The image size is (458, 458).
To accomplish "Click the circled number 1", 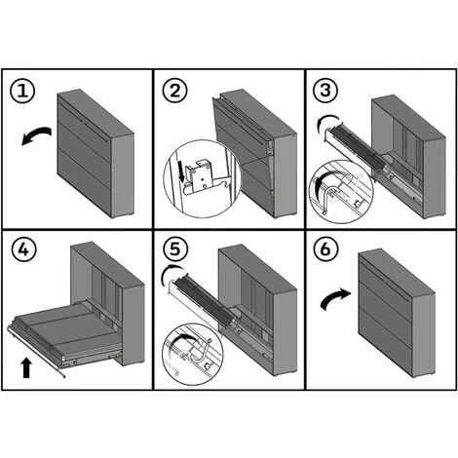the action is pyautogui.click(x=22, y=91).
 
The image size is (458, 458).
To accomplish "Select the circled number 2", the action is pyautogui.click(x=174, y=91).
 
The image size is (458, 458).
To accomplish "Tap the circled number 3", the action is pyautogui.click(x=325, y=91).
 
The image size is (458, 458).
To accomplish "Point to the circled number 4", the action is pyautogui.click(x=24, y=250).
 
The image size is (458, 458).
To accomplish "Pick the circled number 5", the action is pyautogui.click(x=174, y=249).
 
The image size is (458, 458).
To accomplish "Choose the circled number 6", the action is pyautogui.click(x=325, y=249).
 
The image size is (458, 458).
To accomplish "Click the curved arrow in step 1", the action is pyautogui.click(x=36, y=133).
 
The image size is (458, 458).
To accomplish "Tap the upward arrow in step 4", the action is pyautogui.click(x=26, y=368).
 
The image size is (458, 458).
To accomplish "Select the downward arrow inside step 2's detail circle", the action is pyautogui.click(x=182, y=172).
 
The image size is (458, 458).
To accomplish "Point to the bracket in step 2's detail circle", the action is pyautogui.click(x=199, y=178).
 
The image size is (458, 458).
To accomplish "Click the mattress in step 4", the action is pyautogui.click(x=65, y=328).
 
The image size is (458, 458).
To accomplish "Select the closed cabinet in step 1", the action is pyautogui.click(x=95, y=153).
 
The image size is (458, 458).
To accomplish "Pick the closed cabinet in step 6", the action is pyautogui.click(x=397, y=313).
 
